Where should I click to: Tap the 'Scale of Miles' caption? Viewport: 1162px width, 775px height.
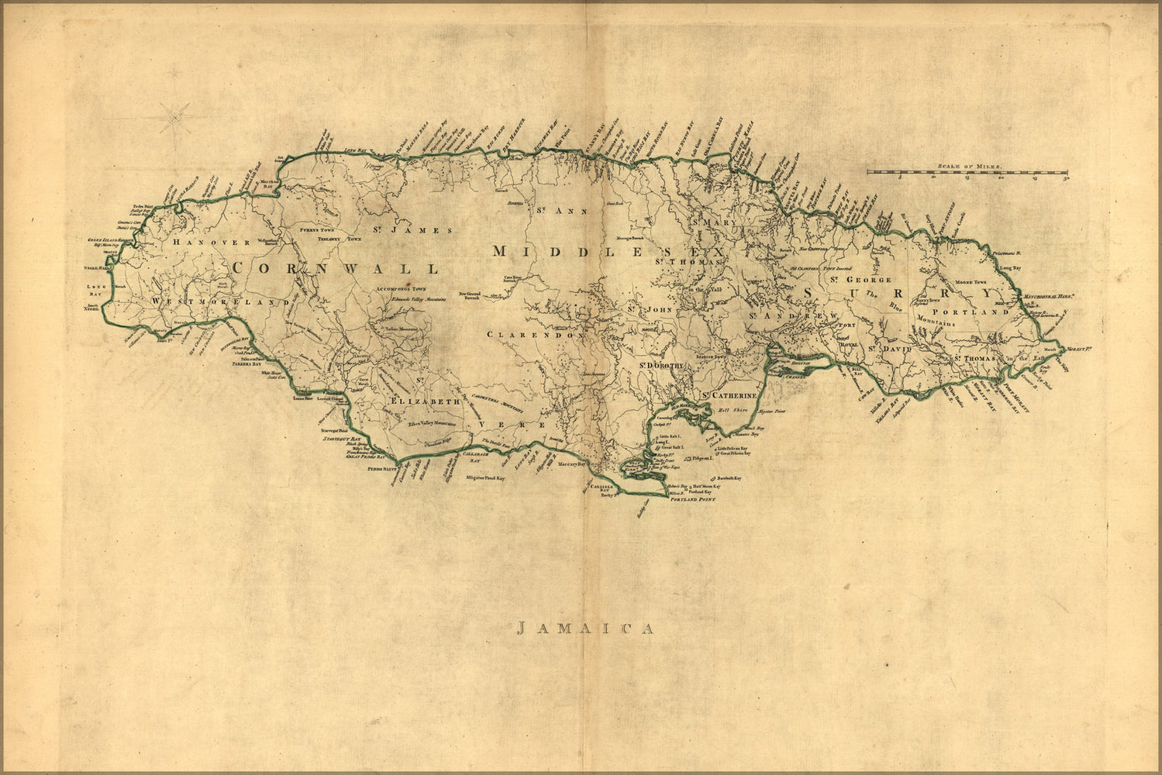969,166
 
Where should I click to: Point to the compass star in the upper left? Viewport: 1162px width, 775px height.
179,117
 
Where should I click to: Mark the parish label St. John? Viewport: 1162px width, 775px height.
647,310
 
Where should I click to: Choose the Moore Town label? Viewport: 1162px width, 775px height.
969,282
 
